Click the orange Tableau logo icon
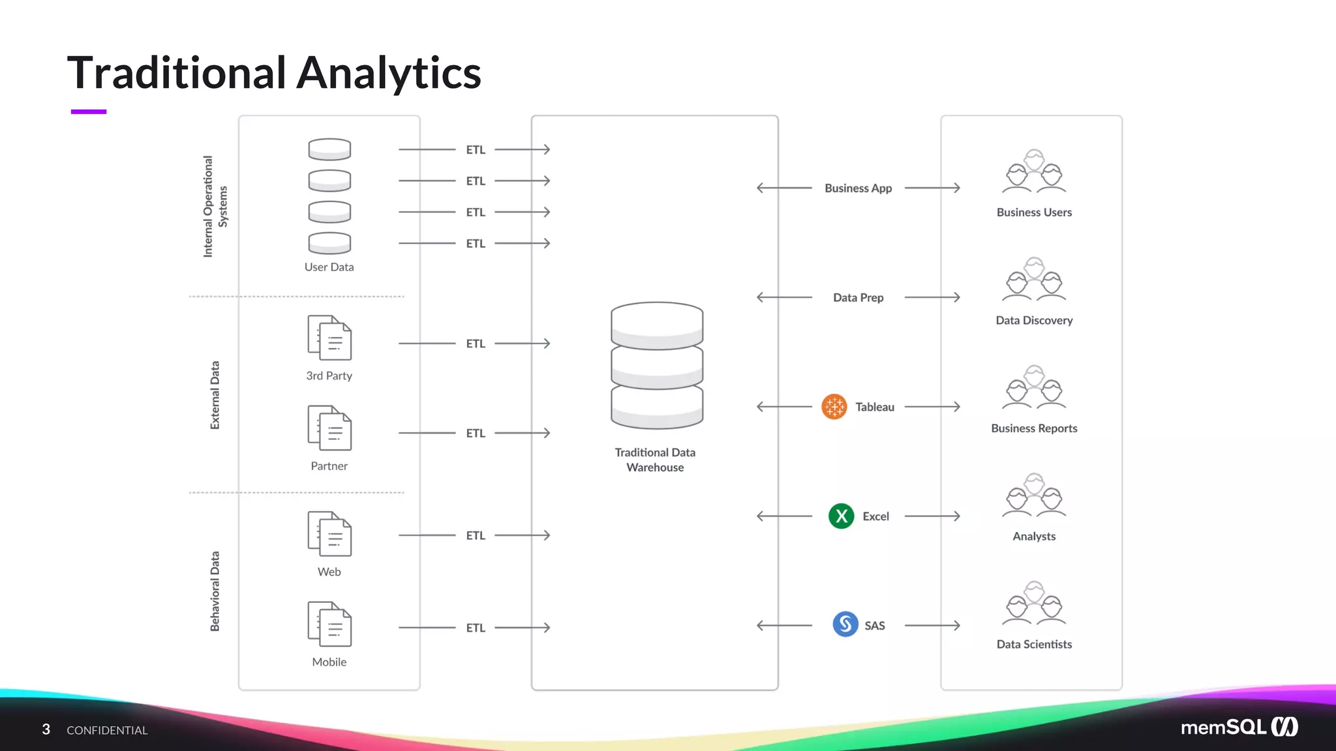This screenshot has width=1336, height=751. pos(834,407)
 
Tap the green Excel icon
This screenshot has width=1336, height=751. pos(841,516)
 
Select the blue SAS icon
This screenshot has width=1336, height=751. pos(845,625)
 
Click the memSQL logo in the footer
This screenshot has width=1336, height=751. pos(1239,727)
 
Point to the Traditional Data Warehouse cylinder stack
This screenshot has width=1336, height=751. pos(656,365)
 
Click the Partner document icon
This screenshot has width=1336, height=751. pos(329,428)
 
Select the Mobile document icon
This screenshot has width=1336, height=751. pos(329,624)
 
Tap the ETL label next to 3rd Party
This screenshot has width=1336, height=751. pos(476,344)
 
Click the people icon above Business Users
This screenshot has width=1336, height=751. pos(1034,172)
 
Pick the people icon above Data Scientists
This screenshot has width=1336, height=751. pos(1034,604)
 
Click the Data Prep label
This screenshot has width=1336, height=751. pos(858,298)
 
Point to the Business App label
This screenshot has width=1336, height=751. pos(858,188)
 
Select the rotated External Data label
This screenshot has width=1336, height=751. pos(215,395)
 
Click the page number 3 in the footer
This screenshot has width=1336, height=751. pos(46,729)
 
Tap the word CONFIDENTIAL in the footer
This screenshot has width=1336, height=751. pos(107,730)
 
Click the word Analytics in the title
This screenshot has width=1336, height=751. pos(389,73)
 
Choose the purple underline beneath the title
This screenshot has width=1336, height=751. pos(88,112)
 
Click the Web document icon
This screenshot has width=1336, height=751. pos(329,534)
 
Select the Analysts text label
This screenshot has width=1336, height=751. pos(1034,537)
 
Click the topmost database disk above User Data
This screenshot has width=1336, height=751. pos(329,149)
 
